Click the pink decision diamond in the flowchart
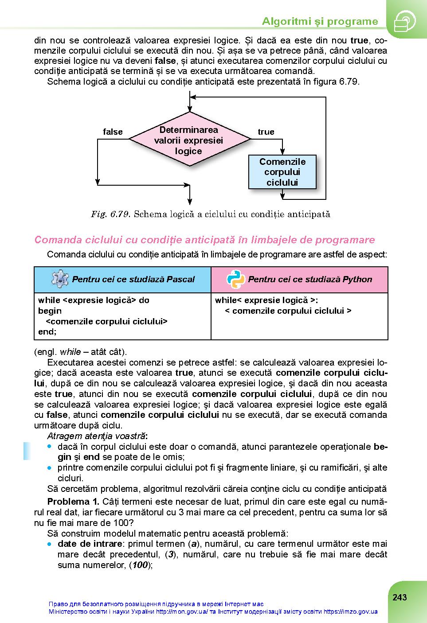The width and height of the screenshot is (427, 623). click(x=189, y=140)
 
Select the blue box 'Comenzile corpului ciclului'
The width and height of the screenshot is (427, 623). click(x=282, y=172)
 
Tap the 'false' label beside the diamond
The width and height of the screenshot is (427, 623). click(x=113, y=132)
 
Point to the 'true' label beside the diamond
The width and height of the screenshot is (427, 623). click(x=266, y=132)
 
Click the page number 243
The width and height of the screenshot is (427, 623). click(x=400, y=597)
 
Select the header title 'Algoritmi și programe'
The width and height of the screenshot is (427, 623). click(x=320, y=21)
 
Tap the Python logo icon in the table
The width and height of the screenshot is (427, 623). click(x=235, y=279)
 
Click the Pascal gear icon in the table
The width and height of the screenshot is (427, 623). click(x=60, y=279)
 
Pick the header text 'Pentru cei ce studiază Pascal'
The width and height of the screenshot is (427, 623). click(x=133, y=279)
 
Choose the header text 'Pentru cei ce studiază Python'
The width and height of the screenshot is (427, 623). click(x=310, y=279)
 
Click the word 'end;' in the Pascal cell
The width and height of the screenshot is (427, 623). click(x=47, y=331)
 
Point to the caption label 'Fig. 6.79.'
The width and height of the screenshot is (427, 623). click(x=110, y=214)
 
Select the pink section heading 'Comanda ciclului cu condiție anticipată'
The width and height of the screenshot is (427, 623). click(x=204, y=240)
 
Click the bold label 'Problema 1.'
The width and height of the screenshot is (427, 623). click(x=73, y=502)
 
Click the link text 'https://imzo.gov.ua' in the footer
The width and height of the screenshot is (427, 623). click(x=350, y=611)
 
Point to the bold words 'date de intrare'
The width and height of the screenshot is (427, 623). click(x=90, y=544)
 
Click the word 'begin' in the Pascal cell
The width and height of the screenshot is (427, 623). click(x=50, y=311)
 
